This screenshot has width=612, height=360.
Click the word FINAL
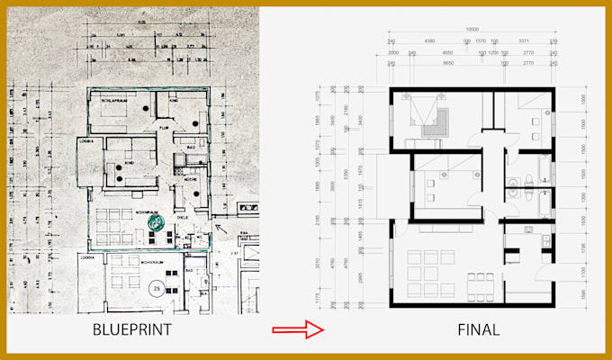477,329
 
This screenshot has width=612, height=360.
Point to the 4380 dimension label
430,41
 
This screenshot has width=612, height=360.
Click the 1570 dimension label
481,41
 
